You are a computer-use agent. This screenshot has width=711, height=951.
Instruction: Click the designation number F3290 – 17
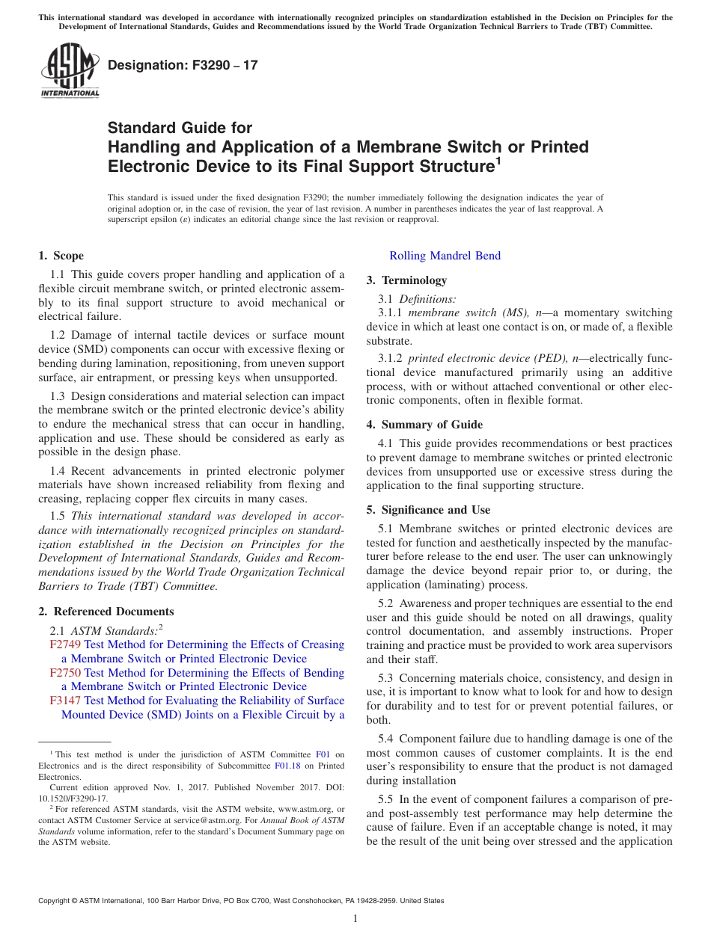click(x=183, y=65)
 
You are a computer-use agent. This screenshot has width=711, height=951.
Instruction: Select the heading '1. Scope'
click(x=61, y=256)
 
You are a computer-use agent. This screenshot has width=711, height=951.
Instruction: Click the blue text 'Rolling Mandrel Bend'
click(x=445, y=256)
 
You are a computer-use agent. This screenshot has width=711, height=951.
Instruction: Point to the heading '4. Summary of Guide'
click(x=424, y=425)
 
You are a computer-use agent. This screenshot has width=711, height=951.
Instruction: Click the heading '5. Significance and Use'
click(x=428, y=510)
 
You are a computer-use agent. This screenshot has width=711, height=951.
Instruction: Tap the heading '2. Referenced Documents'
click(x=106, y=612)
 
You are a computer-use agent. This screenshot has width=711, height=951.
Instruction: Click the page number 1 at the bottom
click(x=355, y=918)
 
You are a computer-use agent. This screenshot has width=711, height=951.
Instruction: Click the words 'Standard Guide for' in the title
click(x=180, y=128)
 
